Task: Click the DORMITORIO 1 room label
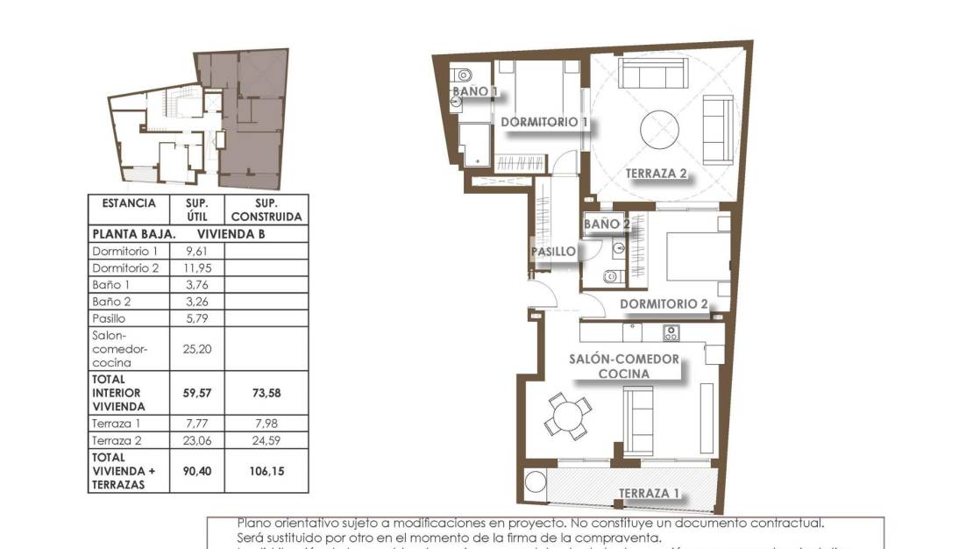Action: pos(543,122)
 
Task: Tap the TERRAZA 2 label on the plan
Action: pos(656,174)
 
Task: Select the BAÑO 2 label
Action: pos(607,225)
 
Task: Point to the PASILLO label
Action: pos(553,252)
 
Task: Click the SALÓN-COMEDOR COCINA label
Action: pos(623,366)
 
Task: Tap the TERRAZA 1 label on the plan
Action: pos(649,493)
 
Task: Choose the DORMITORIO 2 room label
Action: pos(664,305)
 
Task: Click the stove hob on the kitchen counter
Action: pos(671,332)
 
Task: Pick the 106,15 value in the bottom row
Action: pos(266,471)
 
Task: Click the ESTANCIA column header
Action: pos(129,203)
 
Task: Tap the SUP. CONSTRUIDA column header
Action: pos(266,210)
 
